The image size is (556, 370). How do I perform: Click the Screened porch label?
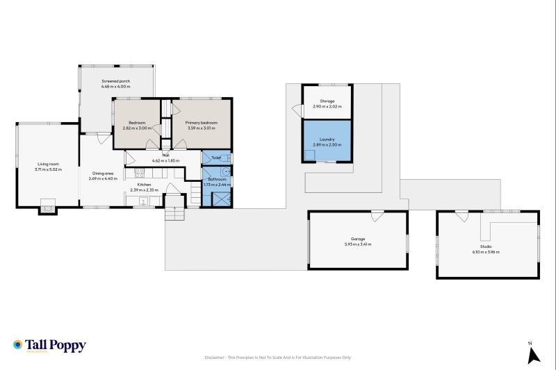tap(115, 81)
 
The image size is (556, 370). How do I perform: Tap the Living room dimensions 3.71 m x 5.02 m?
tap(49, 170)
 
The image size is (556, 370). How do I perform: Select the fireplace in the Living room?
tap(47, 205)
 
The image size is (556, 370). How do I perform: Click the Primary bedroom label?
tap(202, 123)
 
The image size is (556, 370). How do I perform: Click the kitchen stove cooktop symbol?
tap(138, 171)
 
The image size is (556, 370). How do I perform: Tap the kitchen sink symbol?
tap(145, 201)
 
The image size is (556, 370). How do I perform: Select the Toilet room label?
tap(216, 158)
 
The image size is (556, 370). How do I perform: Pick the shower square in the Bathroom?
tap(222, 199)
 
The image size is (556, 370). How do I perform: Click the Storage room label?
tap(327, 101)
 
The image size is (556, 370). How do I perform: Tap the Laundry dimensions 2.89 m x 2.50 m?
tap(327, 144)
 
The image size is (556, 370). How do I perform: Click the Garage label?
tap(357, 239)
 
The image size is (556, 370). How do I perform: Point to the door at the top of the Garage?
tap(377, 216)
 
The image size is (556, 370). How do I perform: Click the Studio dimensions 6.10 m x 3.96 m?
tap(486, 252)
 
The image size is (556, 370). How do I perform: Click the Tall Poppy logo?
tap(49, 346)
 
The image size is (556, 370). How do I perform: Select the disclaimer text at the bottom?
tap(278, 358)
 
